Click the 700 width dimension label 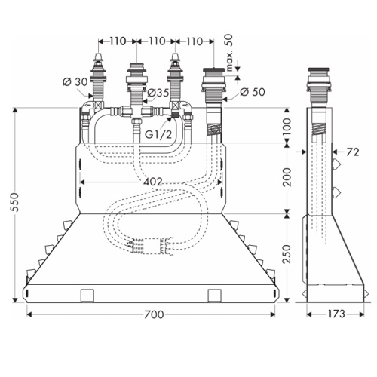click(x=154, y=314)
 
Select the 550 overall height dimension click(x=16, y=202)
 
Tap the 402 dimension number click(x=153, y=182)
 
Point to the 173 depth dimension click(x=336, y=314)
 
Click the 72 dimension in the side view click(x=353, y=152)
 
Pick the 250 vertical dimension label click(x=287, y=253)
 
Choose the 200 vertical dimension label click(x=287, y=177)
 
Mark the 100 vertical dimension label click(x=287, y=127)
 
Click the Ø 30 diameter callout click(x=75, y=82)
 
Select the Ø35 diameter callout click(x=158, y=93)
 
